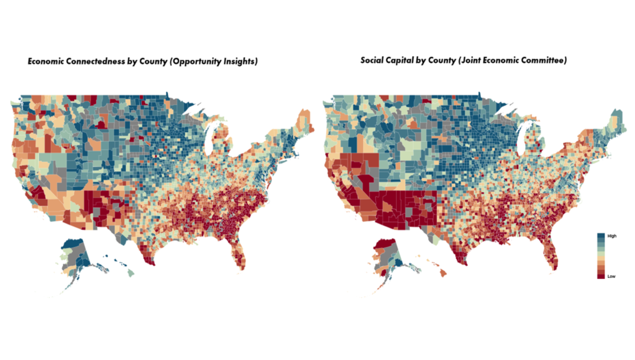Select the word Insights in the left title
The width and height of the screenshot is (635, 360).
point(242,62)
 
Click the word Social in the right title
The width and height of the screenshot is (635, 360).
point(372,60)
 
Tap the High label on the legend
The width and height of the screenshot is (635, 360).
point(612,236)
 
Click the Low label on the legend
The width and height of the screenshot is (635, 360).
point(611,276)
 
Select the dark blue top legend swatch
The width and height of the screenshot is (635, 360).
point(601,236)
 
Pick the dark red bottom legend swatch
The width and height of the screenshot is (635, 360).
point(601,275)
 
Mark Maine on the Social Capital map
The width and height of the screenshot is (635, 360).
point(618,121)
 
